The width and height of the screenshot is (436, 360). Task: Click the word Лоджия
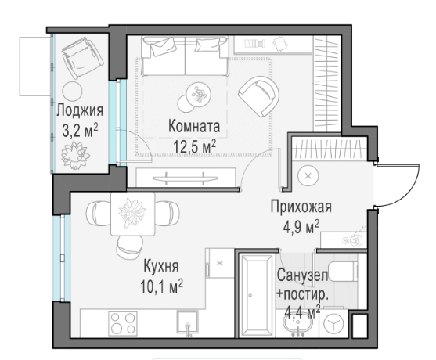pos(80,110)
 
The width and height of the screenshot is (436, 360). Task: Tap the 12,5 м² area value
pos(195,146)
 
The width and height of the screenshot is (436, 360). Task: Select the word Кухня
pos(161,266)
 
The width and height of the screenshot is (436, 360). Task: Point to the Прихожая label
pos(301,207)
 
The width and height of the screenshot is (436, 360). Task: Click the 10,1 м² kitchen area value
pos(161,286)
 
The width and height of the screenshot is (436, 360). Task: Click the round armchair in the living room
pos(259,96)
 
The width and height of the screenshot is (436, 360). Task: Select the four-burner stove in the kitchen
pos(123,323)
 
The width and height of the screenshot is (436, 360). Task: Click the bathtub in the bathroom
pos(257,295)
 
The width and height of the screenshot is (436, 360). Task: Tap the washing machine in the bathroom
pos(333,323)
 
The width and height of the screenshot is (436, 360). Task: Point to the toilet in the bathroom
pos(343,271)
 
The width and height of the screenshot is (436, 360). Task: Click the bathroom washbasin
pos(297,323)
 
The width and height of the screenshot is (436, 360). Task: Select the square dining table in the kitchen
pos(132,214)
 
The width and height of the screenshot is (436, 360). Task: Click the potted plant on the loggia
pos(75,155)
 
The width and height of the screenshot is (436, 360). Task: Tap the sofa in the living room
pos(185,56)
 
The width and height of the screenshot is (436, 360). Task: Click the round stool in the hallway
pos(308,175)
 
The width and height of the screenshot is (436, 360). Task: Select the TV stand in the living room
pos(186,178)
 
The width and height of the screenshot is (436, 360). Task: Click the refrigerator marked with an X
pos(220,263)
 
